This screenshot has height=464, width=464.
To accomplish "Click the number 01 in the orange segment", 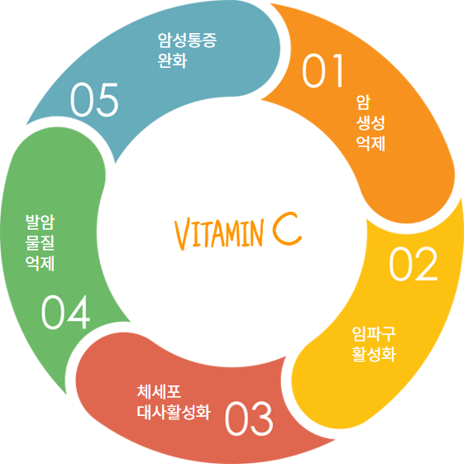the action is [323, 71].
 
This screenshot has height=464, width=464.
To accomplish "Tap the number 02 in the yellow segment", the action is [413, 264].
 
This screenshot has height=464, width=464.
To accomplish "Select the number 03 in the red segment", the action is [249, 419].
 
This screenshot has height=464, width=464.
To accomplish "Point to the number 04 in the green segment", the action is [65, 312].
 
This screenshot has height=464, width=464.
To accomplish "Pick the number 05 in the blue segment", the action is [94, 100].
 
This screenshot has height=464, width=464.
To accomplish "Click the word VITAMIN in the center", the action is [218, 234].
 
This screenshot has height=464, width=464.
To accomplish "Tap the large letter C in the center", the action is [287, 228].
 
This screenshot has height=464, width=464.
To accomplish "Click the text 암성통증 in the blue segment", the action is [187, 41].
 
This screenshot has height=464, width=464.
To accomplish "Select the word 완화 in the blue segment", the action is [172, 60].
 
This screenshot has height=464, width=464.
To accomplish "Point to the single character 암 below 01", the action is [363, 103].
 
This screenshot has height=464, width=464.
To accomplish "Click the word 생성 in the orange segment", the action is [371, 123].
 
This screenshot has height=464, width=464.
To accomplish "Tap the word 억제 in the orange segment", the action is [371, 144].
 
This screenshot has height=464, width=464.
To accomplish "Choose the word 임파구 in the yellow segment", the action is [374, 334].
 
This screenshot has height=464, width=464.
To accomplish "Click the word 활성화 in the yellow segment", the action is [374, 354].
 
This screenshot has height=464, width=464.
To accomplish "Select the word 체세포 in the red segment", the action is [159, 391].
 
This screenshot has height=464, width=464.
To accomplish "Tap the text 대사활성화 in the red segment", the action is [174, 412].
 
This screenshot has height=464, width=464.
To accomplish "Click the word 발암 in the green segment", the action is [40, 222].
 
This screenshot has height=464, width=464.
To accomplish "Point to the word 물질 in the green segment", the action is [40, 242].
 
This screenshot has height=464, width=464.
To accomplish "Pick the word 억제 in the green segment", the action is [40, 263].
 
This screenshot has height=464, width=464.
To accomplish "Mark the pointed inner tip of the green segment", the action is [130, 322].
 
